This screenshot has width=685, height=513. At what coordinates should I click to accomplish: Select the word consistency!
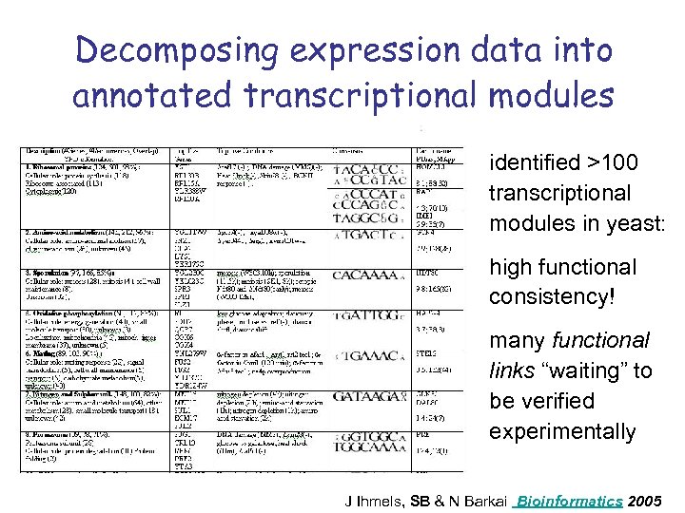(x=554, y=297)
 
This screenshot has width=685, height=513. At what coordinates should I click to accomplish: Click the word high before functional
(x=510, y=267)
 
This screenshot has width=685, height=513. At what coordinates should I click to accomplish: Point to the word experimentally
(x=562, y=431)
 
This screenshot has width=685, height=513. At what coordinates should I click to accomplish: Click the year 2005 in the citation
(x=647, y=500)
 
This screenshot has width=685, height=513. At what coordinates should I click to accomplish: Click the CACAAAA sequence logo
(x=365, y=275)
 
